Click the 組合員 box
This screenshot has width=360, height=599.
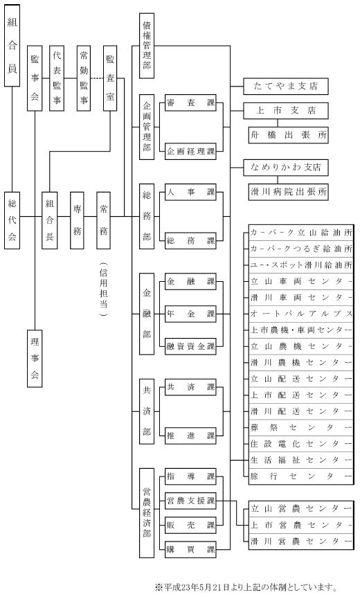point(12,46)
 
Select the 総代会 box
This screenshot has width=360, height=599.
point(12,220)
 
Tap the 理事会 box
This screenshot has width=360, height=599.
point(35,359)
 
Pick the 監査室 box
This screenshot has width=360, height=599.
point(110,78)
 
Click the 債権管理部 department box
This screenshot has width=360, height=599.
point(147,46)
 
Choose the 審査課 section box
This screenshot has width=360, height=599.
point(190,102)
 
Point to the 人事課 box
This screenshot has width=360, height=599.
point(190,192)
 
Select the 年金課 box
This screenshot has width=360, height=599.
point(190,314)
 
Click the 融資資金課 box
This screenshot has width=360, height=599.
point(190,346)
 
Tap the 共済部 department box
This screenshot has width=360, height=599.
point(147,411)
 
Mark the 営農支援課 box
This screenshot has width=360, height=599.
point(190,501)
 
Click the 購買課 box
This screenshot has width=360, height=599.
point(190,550)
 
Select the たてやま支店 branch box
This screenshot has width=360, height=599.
point(286,87)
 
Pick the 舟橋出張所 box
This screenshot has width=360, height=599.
point(289,135)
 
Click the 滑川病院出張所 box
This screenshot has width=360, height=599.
point(289,192)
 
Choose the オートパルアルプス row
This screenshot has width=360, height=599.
point(301,314)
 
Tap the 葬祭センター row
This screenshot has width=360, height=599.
point(301,428)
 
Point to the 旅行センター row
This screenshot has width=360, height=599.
point(301,476)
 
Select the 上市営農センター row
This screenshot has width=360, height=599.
point(301,526)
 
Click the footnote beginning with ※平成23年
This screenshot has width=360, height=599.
point(246,587)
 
